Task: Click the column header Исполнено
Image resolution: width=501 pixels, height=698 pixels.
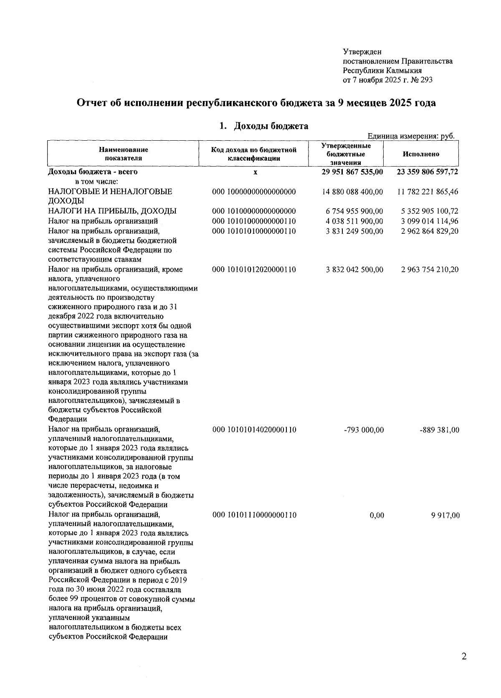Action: click(421, 154)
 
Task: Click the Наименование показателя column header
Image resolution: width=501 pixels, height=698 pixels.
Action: click(123, 154)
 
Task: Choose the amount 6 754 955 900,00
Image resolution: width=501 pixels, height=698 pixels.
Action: click(354, 211)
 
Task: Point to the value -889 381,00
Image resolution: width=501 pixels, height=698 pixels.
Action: click(439, 430)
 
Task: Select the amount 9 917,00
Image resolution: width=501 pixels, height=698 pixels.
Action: click(445, 516)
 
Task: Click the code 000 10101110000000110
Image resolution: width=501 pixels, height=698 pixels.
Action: click(254, 515)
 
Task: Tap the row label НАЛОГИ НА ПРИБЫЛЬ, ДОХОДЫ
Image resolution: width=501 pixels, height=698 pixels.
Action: click(112, 211)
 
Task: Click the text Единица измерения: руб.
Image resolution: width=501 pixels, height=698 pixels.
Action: click(410, 136)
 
